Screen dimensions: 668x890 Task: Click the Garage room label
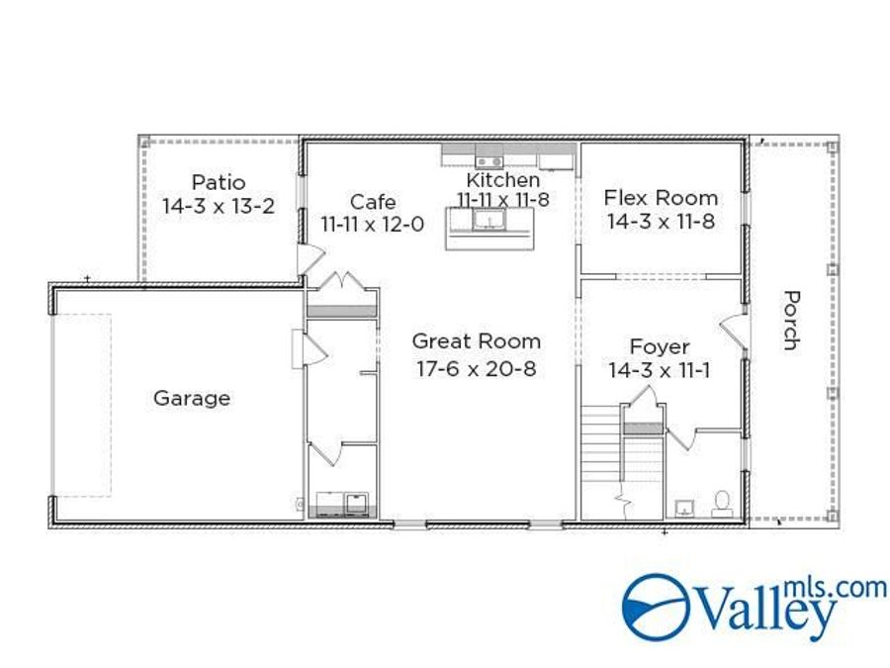click(x=191, y=398)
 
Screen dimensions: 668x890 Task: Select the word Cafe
click(x=372, y=203)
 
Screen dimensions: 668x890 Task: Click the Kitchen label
click(x=502, y=180)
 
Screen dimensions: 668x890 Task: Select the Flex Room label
click(x=661, y=198)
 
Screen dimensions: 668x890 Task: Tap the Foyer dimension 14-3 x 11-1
click(x=660, y=371)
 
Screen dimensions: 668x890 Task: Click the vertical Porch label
click(x=790, y=320)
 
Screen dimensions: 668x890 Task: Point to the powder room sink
click(x=684, y=509)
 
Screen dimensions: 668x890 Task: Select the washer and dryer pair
click(x=341, y=503)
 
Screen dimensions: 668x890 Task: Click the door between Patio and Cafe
click(x=310, y=259)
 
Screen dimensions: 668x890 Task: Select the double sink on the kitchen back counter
click(x=488, y=161)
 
